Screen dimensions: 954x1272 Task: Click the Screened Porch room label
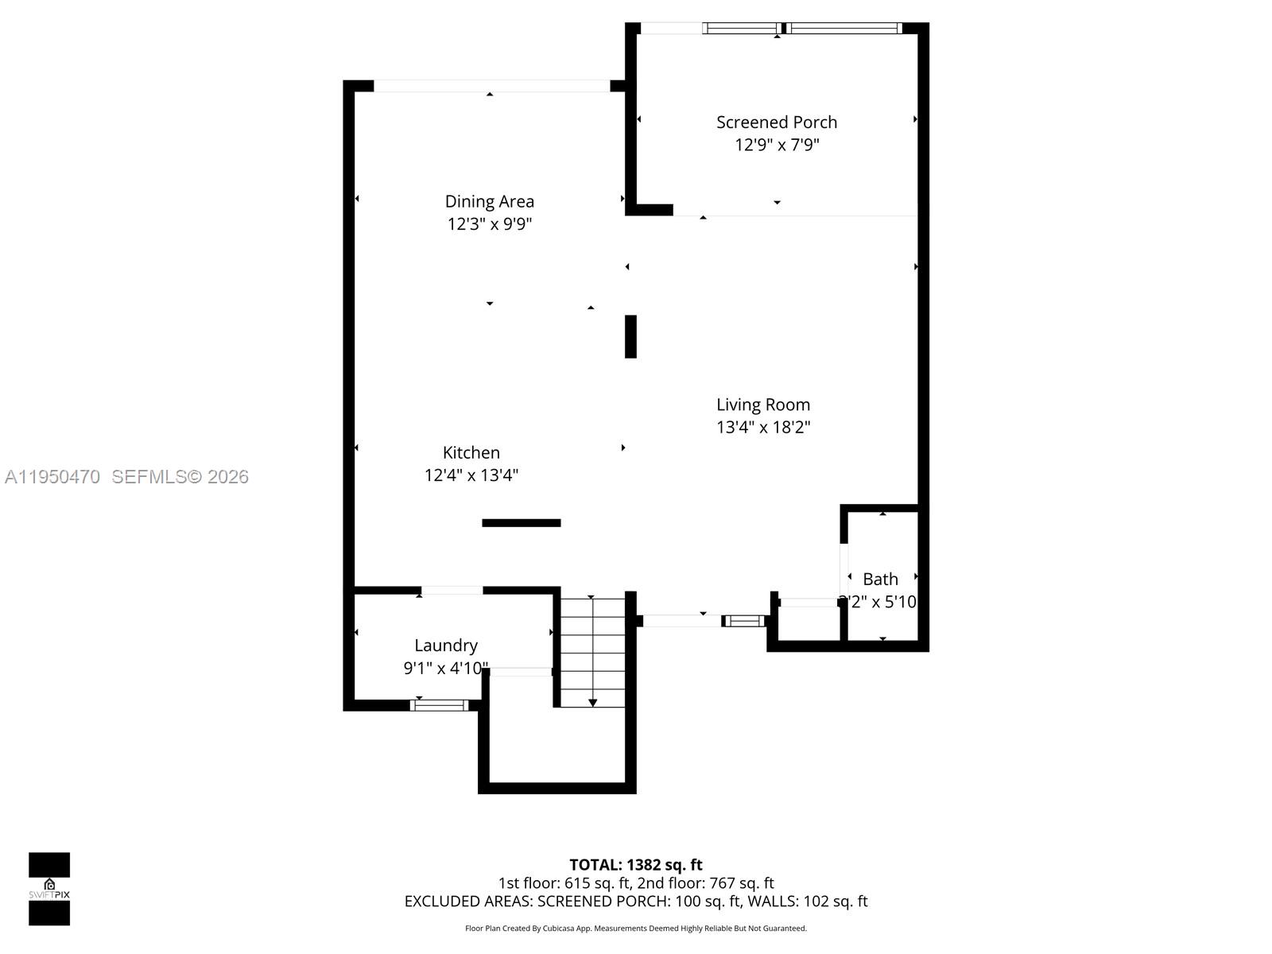776,122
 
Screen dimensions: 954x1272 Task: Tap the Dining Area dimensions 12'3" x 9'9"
489,224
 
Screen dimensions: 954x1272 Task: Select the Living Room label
762,405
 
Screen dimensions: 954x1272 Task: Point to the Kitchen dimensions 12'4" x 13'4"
471,475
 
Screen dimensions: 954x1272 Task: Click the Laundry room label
445,646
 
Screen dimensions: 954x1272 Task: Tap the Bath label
880,580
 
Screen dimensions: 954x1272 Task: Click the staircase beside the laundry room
592,652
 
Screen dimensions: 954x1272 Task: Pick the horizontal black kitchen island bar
521,523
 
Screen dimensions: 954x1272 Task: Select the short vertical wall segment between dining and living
630,336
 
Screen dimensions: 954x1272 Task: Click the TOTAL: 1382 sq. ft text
635,865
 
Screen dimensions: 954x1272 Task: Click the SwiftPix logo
49,889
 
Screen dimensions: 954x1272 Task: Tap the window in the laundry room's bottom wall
439,705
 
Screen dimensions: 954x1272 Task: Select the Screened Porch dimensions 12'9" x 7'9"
776,145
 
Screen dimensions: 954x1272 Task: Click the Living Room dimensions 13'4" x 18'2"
762,428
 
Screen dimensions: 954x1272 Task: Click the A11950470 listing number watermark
52,477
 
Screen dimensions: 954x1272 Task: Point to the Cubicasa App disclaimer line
635,929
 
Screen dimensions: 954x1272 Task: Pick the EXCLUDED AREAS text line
635,902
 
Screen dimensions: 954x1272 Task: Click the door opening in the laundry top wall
451,591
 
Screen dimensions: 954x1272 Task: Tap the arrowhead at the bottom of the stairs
592,703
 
